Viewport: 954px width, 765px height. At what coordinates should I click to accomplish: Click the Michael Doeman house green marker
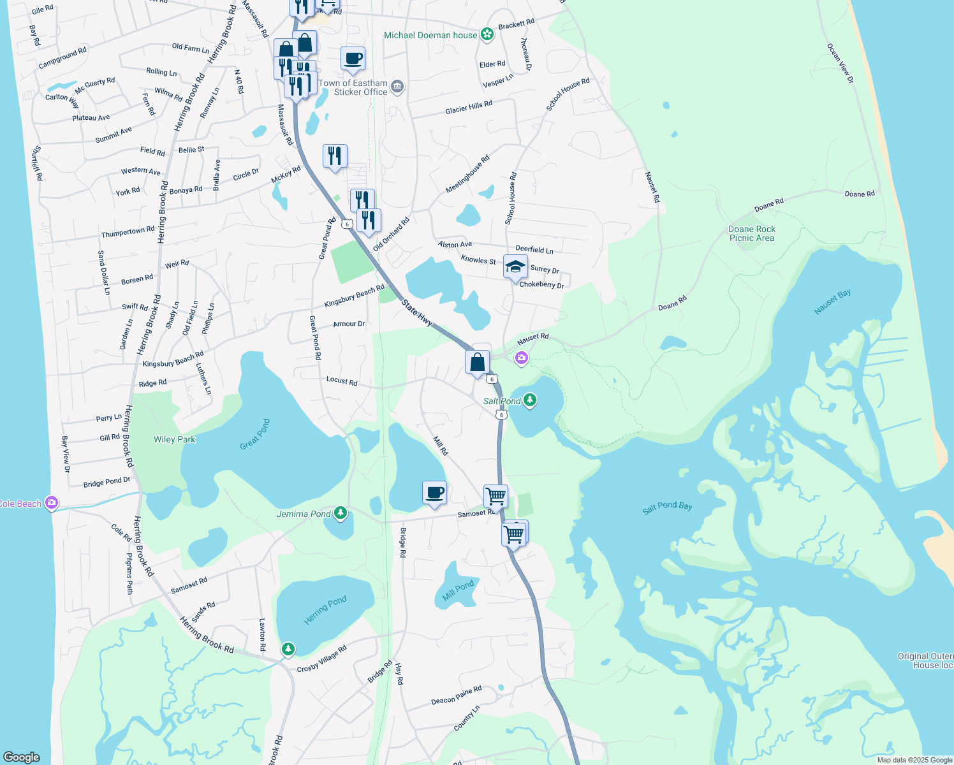tap(487, 34)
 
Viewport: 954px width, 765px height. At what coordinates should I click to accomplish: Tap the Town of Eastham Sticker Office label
tap(353, 87)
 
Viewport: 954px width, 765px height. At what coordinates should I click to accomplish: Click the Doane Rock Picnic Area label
tap(752, 233)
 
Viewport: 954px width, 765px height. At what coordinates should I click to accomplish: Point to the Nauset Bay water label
tap(832, 302)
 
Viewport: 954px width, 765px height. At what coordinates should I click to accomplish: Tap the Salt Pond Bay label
tap(667, 507)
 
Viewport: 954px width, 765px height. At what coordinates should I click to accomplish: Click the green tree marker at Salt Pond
tap(529, 400)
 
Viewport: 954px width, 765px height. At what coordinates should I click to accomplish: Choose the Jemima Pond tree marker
tap(341, 513)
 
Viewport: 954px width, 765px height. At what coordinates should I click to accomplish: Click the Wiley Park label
tap(174, 439)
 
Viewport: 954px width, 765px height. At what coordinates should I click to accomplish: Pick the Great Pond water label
tap(255, 435)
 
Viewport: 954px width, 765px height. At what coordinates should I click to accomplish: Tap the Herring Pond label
tap(325, 609)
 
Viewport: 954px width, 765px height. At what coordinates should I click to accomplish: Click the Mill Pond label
tap(458, 590)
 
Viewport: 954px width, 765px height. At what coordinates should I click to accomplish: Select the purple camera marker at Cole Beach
tap(52, 503)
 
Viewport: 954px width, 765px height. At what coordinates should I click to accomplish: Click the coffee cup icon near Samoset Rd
tap(434, 493)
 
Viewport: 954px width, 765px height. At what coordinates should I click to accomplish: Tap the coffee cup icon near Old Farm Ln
tap(353, 59)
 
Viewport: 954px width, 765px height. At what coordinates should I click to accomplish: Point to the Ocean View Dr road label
tap(840, 63)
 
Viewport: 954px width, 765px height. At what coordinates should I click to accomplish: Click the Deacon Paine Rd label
tap(456, 696)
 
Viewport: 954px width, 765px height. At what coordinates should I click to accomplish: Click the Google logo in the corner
tap(22, 757)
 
